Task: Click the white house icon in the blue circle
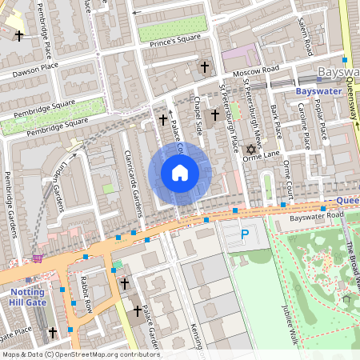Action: (x=180, y=173)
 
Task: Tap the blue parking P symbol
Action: (x=245, y=236)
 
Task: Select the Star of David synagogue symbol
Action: (x=250, y=150)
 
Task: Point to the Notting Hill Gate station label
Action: (x=27, y=297)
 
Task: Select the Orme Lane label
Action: (x=268, y=154)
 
